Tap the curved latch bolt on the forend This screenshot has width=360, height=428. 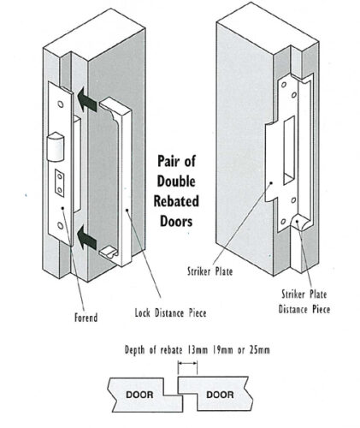pos(56,146)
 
